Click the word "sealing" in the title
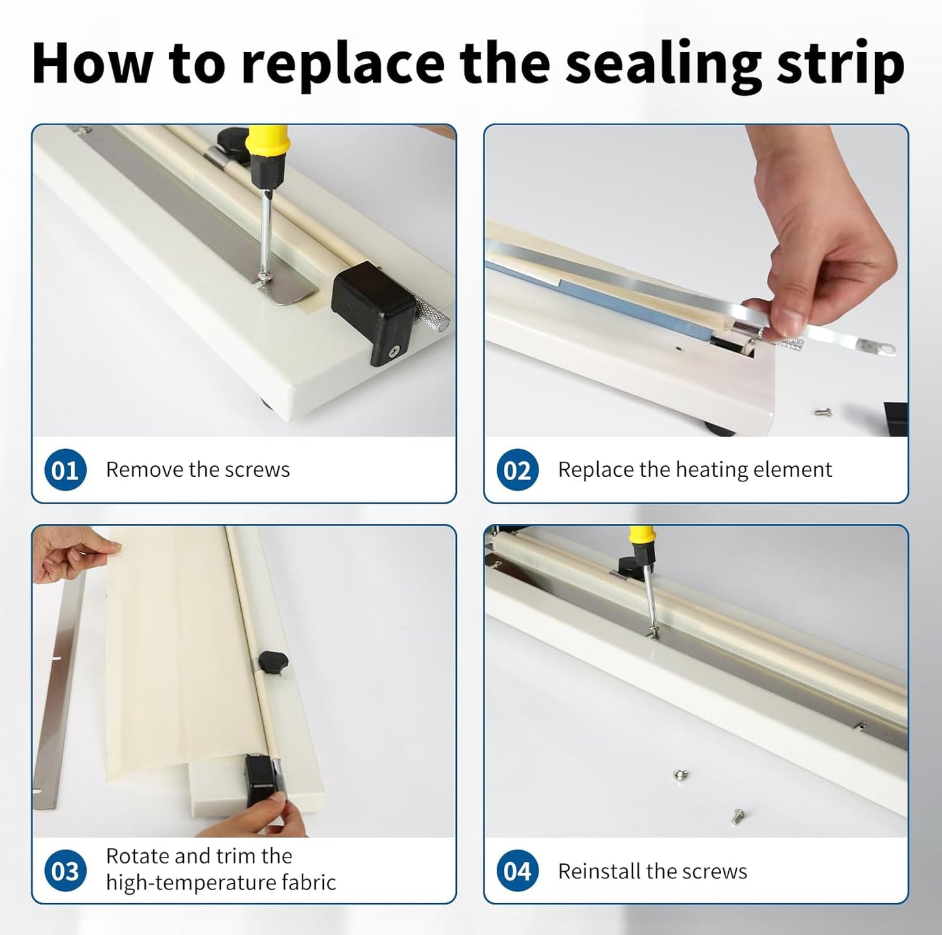[662, 63]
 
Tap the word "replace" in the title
[342, 63]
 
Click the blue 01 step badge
[65, 470]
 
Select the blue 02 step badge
[517, 470]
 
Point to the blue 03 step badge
[65, 871]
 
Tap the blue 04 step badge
[517, 871]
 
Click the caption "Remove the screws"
[198, 470]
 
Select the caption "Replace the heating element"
[694, 470]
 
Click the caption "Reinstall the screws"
[652, 871]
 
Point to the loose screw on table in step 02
[823, 412]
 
